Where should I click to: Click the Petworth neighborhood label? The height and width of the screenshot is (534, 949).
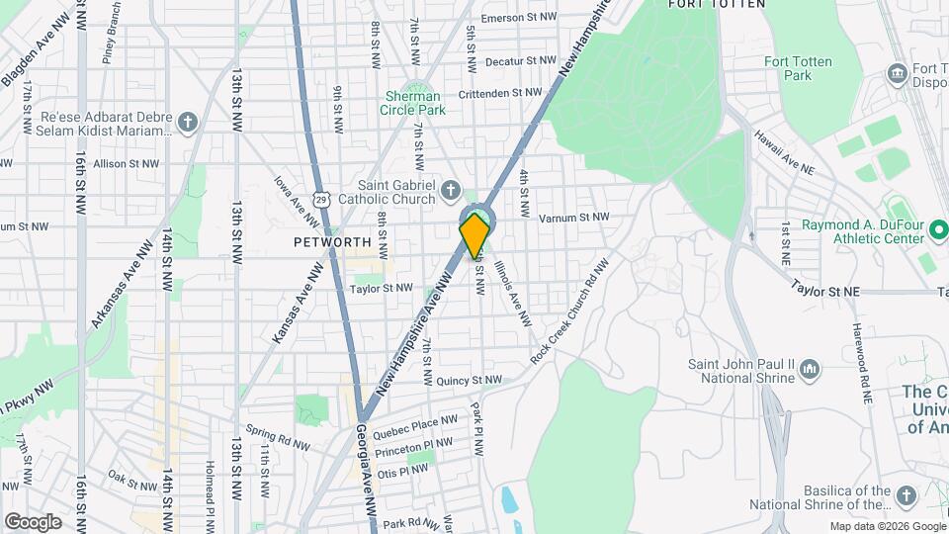[x=332, y=241]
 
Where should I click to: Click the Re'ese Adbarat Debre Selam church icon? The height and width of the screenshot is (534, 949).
[x=189, y=123]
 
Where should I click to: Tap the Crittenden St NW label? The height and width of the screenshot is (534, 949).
[x=500, y=92]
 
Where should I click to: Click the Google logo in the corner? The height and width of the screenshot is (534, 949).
[x=33, y=521]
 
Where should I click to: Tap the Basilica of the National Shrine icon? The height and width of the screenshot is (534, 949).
[x=906, y=495]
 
